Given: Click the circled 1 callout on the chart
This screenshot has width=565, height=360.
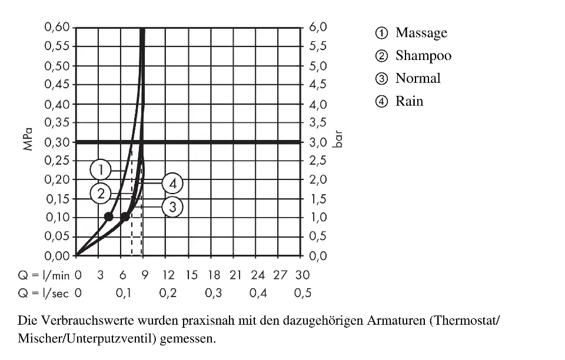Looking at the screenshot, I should point(101,170).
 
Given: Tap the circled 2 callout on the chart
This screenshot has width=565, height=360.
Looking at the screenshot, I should point(101,193).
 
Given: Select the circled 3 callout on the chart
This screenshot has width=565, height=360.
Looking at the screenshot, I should point(172,206).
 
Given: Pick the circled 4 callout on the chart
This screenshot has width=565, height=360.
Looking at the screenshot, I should point(172,184).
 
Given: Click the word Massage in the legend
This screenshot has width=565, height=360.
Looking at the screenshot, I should point(421,33).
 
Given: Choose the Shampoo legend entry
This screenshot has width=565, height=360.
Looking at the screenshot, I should point(423,56).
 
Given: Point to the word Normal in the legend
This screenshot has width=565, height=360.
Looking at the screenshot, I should point(418,78).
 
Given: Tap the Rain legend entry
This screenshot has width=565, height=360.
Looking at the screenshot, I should point(409,101).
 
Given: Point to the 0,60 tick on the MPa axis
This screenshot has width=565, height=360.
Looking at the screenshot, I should point(57,28).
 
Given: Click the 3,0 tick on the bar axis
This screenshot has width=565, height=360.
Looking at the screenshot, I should point(318,142).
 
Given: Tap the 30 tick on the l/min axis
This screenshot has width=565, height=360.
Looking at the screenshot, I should point(303,275).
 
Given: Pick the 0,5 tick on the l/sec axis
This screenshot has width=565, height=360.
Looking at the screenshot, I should point(303,293).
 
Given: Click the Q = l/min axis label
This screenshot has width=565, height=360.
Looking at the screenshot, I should point(44,275).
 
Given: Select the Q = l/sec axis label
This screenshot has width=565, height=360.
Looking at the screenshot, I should point(44,293).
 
